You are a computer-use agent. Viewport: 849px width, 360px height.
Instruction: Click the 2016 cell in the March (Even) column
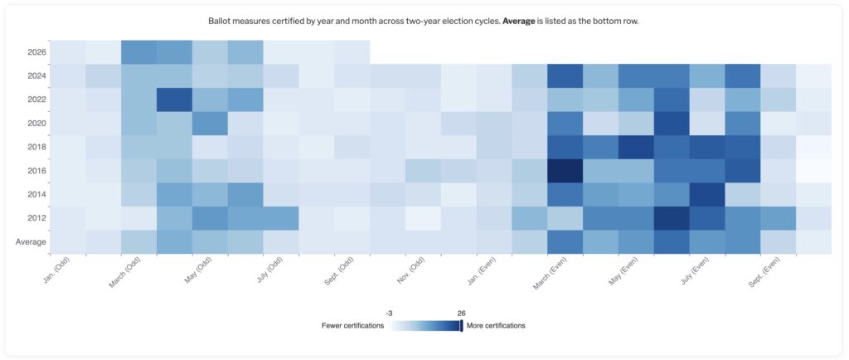click(565, 171)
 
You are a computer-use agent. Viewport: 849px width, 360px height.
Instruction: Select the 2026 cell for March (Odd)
click(138, 51)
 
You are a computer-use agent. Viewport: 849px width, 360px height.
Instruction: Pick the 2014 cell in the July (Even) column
click(706, 194)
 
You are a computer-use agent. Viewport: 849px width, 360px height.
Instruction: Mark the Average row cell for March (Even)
click(565, 242)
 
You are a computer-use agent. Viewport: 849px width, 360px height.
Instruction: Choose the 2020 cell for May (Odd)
click(210, 123)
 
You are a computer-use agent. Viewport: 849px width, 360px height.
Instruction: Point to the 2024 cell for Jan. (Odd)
click(67, 75)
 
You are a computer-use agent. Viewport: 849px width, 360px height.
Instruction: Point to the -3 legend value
click(389, 313)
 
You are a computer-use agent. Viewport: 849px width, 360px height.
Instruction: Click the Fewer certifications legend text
click(352, 326)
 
